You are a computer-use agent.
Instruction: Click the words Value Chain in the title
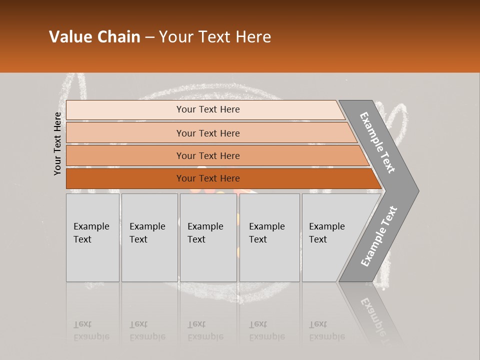coord(94,37)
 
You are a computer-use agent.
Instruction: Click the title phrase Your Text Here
coord(215,37)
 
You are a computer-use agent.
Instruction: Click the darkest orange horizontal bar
coord(125,178)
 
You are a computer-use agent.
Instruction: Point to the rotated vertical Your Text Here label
coord(57,143)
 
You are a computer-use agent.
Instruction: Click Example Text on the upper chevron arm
coord(377,142)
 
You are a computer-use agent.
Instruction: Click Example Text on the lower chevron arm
coord(379,236)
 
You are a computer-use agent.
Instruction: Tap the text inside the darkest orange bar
coord(208,178)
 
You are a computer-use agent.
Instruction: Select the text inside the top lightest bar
coord(208,109)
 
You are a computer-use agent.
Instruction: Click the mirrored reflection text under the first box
coord(91,331)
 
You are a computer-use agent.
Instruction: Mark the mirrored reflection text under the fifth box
coord(326,331)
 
